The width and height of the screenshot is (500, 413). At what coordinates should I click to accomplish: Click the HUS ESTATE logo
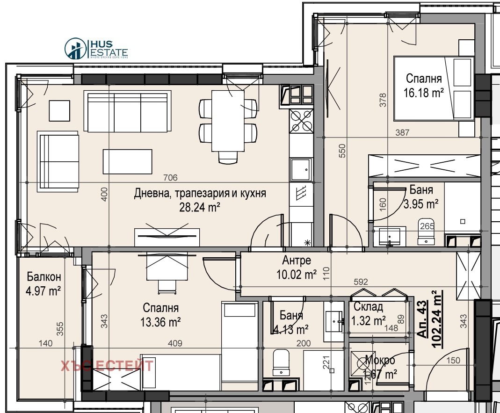(x=96, y=49)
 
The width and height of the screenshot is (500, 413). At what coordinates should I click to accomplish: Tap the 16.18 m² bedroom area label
(x=423, y=93)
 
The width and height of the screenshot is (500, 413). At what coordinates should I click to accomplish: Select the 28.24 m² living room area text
(x=200, y=207)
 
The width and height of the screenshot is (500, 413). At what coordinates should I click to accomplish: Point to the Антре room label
(x=297, y=261)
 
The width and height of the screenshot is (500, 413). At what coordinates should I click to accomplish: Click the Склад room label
(x=369, y=307)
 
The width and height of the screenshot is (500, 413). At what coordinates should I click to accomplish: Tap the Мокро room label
(x=380, y=361)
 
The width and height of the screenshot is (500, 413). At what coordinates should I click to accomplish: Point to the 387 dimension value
(x=402, y=133)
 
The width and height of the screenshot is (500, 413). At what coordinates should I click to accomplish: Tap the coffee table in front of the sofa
(x=128, y=162)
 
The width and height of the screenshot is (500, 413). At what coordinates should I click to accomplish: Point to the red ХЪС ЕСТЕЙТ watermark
(x=107, y=365)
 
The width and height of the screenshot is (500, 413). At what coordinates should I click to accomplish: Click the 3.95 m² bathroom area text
(x=420, y=203)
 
